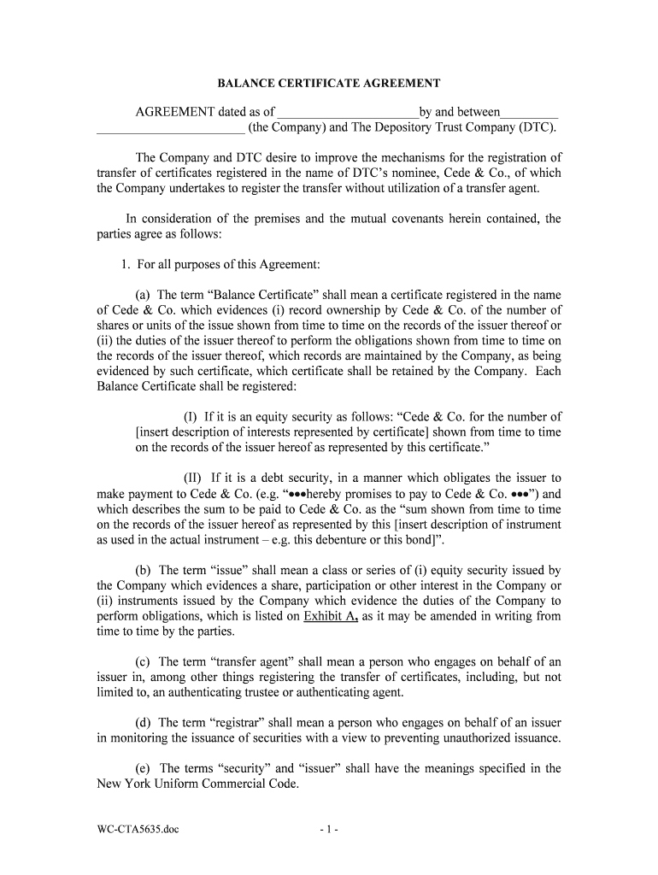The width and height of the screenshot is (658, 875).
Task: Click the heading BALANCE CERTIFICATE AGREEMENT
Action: pyautogui.click(x=328, y=84)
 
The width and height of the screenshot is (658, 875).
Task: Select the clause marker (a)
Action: pyautogui.click(x=144, y=294)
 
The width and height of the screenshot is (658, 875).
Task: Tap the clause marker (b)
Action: pyautogui.click(x=144, y=570)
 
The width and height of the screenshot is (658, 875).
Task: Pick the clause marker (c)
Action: pyautogui.click(x=144, y=661)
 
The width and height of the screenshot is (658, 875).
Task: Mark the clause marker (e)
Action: pyautogui.click(x=144, y=768)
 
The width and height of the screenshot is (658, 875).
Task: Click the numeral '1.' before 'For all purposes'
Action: pyautogui.click(x=126, y=264)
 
